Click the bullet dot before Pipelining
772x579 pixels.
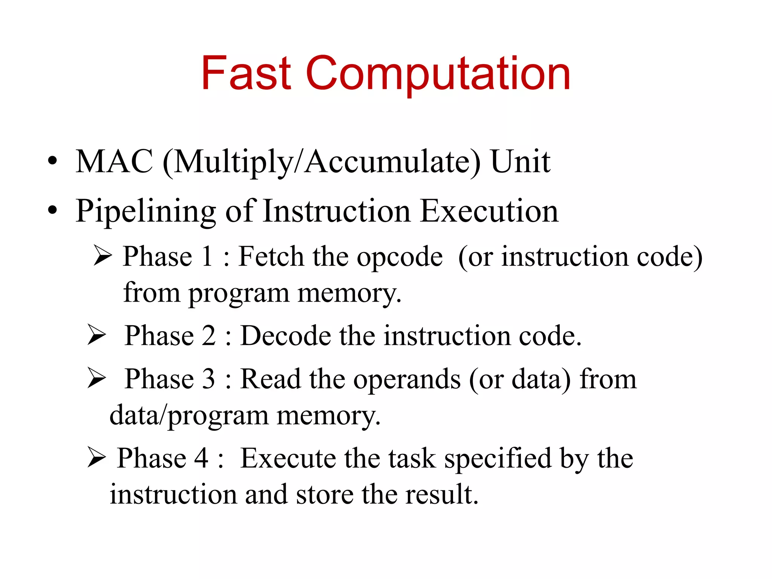click(52, 210)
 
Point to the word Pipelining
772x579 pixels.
click(146, 211)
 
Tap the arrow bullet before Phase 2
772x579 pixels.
click(96, 334)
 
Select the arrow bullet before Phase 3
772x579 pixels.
click(96, 378)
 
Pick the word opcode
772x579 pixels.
click(400, 257)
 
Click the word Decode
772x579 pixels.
click(285, 335)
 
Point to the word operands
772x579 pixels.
click(407, 379)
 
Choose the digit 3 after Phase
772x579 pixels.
click(208, 378)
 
